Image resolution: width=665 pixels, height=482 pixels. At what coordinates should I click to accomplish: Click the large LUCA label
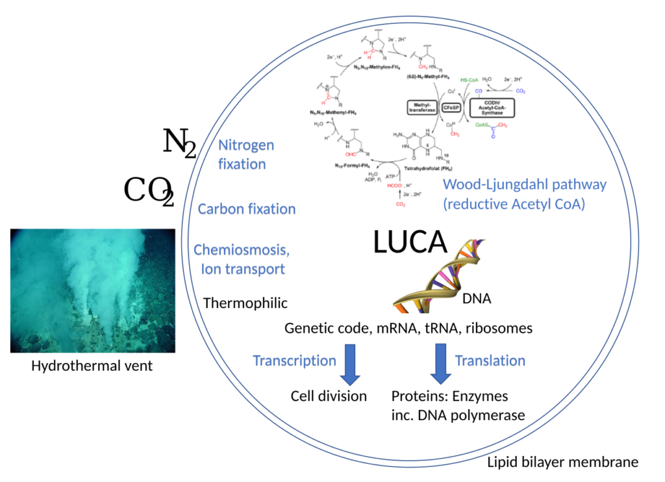(410, 242)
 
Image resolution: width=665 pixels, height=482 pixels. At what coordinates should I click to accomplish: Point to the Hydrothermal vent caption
(92, 366)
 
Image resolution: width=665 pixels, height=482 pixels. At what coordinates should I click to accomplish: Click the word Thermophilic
(245, 303)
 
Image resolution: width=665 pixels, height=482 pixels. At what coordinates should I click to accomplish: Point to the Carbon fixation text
(247, 209)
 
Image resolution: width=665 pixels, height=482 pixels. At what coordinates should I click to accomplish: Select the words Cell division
(329, 396)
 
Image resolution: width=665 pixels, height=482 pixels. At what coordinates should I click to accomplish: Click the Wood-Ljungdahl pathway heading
(525, 184)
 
